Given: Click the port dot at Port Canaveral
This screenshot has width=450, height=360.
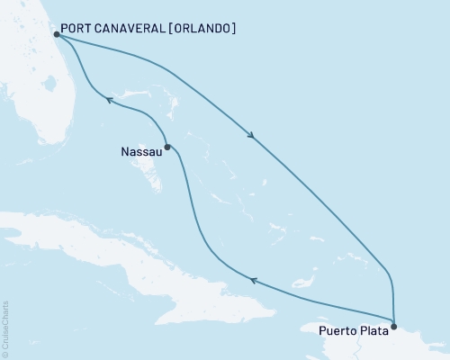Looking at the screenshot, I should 56,34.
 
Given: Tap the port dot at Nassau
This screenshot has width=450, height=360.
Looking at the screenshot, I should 167,145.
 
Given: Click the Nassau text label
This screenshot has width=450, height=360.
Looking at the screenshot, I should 140,152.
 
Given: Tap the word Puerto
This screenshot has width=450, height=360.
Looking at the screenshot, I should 338,330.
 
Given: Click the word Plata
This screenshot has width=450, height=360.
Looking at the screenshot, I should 374,330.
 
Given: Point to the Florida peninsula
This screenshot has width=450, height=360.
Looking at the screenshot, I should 45,99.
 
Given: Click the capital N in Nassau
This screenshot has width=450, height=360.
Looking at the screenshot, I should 123,152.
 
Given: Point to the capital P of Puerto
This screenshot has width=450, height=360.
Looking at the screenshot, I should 323,330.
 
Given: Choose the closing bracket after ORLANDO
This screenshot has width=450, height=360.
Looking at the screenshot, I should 234,28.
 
